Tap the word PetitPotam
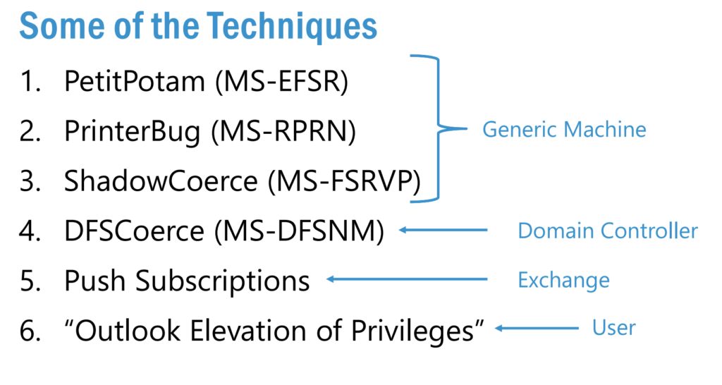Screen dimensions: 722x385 135,82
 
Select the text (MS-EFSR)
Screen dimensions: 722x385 282,82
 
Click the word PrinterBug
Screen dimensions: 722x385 132,132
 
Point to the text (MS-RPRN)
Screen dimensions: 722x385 283,132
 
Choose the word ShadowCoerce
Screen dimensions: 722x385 161,181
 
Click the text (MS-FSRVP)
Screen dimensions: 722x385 344,181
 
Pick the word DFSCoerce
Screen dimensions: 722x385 134,231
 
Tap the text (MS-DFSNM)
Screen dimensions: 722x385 299,231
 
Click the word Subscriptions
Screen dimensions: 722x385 222,281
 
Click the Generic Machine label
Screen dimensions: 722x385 564,130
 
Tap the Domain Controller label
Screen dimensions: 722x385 608,231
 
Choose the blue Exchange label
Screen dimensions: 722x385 563,281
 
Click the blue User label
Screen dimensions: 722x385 614,328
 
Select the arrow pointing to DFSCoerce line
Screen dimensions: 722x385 443,230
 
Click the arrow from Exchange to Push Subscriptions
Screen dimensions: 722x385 407,279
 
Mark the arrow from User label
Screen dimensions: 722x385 537,329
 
